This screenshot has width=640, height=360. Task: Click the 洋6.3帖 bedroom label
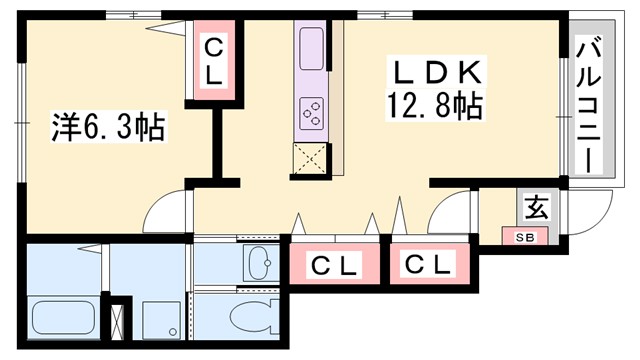pyautogui.click(x=108, y=127)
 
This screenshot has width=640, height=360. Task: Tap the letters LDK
pyautogui.click(x=438, y=73)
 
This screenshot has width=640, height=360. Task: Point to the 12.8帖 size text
pyautogui.click(x=437, y=105)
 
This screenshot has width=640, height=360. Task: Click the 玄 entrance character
pyautogui.click(x=536, y=209)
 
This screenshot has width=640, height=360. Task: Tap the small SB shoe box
pyautogui.click(x=524, y=237)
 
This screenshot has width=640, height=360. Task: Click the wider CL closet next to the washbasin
pyautogui.click(x=334, y=266)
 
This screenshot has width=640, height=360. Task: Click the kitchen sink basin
pyautogui.click(x=310, y=46)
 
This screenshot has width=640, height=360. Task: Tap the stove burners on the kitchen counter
pyautogui.click(x=310, y=110)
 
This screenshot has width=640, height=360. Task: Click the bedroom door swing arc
pyautogui.click(x=165, y=212)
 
